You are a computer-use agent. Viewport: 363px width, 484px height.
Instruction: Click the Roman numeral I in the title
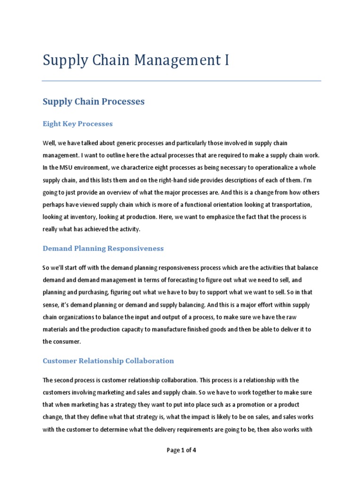(x=226, y=60)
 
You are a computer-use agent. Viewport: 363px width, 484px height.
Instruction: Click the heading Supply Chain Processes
(x=94, y=102)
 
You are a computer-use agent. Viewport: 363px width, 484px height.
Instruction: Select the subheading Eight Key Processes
(x=78, y=124)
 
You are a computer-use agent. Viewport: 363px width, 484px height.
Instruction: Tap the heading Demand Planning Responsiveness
(x=103, y=248)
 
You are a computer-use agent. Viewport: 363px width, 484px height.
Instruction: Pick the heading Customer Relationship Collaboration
(x=108, y=361)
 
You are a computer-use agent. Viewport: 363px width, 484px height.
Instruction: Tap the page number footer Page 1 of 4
(x=181, y=450)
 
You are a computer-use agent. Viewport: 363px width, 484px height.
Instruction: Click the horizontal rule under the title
(x=181, y=81)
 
